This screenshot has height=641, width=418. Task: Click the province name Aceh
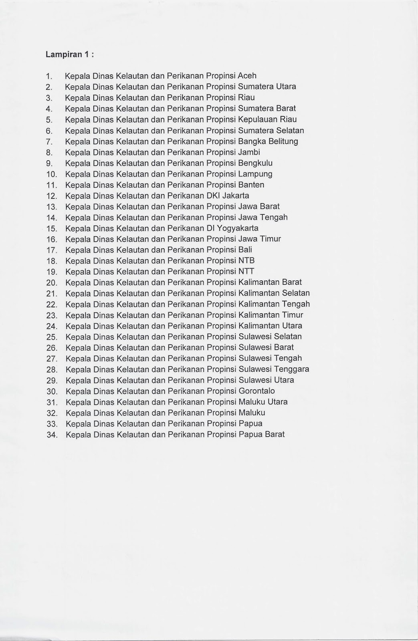(247, 76)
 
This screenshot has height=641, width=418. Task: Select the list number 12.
(52, 196)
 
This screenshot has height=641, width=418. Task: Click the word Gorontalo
(256, 391)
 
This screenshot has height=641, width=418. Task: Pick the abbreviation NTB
(246, 260)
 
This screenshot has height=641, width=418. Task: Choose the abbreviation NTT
(246, 271)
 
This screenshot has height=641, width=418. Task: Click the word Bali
(245, 250)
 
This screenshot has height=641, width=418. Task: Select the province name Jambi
(249, 152)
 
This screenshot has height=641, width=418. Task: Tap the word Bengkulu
(255, 163)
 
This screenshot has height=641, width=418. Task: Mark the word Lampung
(255, 174)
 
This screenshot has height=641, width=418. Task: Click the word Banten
(251, 185)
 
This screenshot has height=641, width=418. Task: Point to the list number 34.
(52, 435)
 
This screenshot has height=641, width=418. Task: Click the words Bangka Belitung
(268, 141)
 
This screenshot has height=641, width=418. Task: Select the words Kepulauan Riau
(267, 119)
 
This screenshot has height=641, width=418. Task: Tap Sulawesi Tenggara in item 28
(274, 369)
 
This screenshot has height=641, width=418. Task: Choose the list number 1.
(50, 76)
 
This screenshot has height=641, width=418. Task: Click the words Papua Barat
(261, 434)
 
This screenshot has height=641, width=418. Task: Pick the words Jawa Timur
(259, 239)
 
